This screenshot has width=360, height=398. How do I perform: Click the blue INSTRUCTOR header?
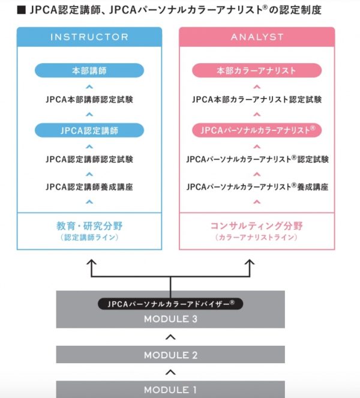tap(89, 37)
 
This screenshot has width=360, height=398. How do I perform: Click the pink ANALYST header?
tap(257, 37)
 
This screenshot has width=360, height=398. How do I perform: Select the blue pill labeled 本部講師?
tap(89, 70)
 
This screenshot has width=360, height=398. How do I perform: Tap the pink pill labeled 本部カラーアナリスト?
tap(257, 70)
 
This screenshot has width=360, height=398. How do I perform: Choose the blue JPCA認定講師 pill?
tap(89, 130)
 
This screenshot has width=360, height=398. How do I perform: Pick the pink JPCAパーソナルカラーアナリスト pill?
tap(257, 130)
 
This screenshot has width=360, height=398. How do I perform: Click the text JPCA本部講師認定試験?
tap(89, 99)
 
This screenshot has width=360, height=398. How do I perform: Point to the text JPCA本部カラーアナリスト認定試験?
tap(257, 99)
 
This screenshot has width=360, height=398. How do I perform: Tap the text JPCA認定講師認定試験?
tap(89, 159)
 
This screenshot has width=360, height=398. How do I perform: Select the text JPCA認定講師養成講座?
tap(89, 187)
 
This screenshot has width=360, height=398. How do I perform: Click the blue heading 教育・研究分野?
tap(89, 226)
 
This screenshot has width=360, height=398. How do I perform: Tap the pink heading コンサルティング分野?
tap(257, 226)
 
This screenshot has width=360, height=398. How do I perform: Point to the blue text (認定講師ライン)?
tap(89, 237)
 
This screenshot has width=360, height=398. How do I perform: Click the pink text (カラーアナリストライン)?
tap(256, 237)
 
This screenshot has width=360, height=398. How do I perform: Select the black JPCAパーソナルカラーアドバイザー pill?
tap(170, 304)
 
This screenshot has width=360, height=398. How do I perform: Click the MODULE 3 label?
tap(170, 319)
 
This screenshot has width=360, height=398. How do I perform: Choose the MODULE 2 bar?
tap(170, 354)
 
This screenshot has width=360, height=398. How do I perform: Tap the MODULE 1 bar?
tap(170, 390)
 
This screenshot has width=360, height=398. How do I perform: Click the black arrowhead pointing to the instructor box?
tap(91, 262)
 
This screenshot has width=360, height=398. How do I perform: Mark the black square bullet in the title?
tap(21, 10)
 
